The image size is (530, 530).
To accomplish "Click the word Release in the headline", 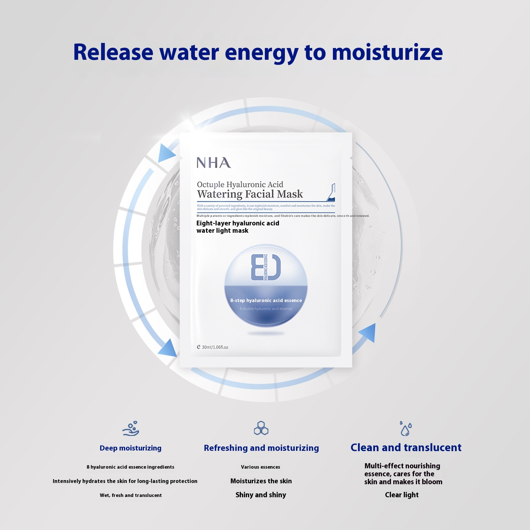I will (113, 52).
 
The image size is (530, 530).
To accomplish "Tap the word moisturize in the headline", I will (387, 52).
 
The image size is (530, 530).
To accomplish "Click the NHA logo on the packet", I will (214, 163).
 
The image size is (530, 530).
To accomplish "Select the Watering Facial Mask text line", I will (250, 194).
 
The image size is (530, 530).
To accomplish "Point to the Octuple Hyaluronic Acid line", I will (240, 184).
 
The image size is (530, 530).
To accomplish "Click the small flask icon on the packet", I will (331, 192).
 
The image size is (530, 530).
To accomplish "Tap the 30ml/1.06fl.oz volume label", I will (213, 347).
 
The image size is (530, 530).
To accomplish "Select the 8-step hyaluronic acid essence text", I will (266, 300).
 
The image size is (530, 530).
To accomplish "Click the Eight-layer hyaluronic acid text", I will (238, 224).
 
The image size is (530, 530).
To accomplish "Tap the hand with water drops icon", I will (131, 429).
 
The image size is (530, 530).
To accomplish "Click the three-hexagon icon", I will (261, 428).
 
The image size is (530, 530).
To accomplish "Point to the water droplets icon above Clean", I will (406, 429).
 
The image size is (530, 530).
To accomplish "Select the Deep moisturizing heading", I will (130, 448).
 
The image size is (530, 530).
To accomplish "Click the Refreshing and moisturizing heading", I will (261, 448).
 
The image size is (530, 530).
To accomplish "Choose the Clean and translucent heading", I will (406, 448).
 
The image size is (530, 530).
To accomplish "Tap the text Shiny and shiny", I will (261, 495).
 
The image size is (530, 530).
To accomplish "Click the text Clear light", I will (402, 495).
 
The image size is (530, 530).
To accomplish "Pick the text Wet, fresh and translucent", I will (131, 495).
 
